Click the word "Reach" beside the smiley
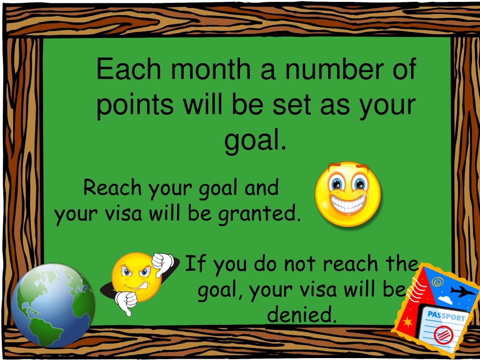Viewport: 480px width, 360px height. tap(112, 187)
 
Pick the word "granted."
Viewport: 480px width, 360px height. tap(260, 215)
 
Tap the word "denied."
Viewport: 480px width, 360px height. tap(302, 314)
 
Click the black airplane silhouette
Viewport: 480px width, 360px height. tap(463, 291)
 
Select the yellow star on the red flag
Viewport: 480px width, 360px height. tap(408, 322)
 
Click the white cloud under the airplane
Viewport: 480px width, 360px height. tap(445, 300)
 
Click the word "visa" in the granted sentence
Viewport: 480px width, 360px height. tap(123, 214)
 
